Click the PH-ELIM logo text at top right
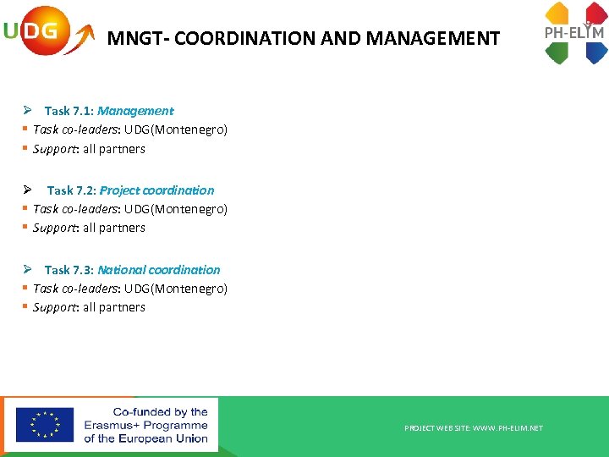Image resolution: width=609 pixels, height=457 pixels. tap(574, 33)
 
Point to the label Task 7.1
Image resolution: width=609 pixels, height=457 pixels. tap(69, 111)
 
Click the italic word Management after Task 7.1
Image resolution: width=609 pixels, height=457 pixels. tap(135, 111)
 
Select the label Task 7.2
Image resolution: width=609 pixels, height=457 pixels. tap(71, 190)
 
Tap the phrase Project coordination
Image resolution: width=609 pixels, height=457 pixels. tap(156, 190)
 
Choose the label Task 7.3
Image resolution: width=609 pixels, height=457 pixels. tap(69, 270)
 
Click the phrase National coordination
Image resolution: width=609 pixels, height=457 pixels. tap(158, 270)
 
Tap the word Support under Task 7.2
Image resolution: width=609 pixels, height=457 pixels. tap(55, 228)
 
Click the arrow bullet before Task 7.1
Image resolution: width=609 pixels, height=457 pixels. tap(27, 110)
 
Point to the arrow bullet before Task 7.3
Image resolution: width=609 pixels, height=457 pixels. tap(27, 269)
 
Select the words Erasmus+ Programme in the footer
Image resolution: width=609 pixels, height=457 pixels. tap(145, 425)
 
